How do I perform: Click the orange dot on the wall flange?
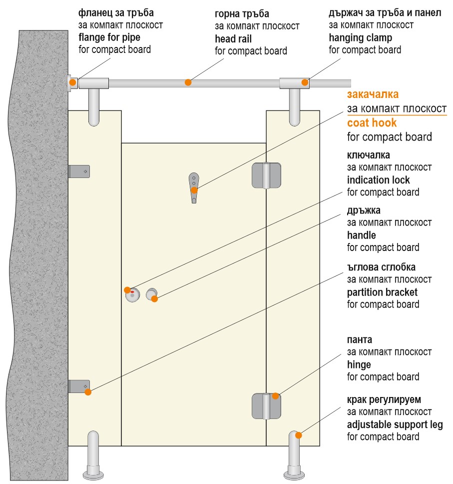[73, 82]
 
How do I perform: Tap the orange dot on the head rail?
[188, 82]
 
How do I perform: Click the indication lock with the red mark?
[132, 295]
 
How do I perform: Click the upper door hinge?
[266, 175]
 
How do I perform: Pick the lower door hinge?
[266, 406]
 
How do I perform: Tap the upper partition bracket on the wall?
[79, 171]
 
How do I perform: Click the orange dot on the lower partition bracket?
[88, 392]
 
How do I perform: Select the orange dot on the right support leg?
[299, 435]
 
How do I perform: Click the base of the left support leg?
[93, 474]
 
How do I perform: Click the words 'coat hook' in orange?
[372, 123]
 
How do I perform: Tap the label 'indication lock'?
[379, 180]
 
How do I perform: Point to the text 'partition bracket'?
[382, 292]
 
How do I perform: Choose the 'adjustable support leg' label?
[395, 425]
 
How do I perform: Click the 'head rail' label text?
[233, 39]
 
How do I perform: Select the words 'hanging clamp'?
[361, 37]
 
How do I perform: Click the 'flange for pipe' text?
[109, 37]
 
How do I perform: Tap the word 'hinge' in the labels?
[359, 365]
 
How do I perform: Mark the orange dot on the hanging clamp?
[305, 82]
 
